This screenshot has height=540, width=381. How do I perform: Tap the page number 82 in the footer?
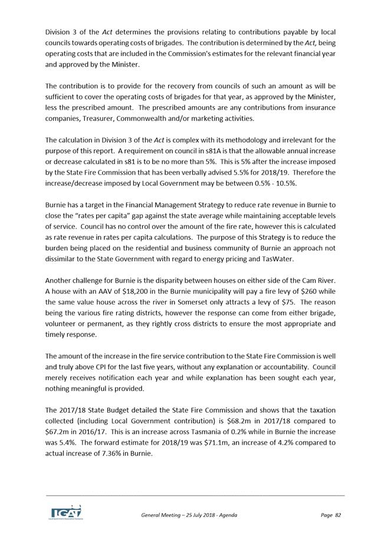pos(338,515)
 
